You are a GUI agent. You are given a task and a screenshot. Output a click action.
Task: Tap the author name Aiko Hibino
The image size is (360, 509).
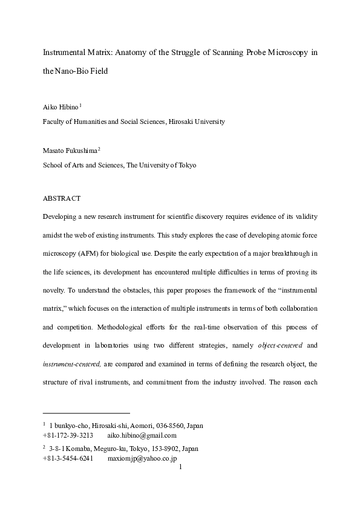60,106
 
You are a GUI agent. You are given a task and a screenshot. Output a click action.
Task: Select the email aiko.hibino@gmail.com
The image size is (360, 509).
142,435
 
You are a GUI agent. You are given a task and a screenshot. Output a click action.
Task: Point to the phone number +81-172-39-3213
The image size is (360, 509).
67,435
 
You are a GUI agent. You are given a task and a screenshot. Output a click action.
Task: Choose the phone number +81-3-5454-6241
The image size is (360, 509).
67,459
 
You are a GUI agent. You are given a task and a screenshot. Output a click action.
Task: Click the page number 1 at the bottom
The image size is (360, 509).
181,467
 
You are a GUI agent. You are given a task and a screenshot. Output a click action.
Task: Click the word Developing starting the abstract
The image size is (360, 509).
62,216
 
